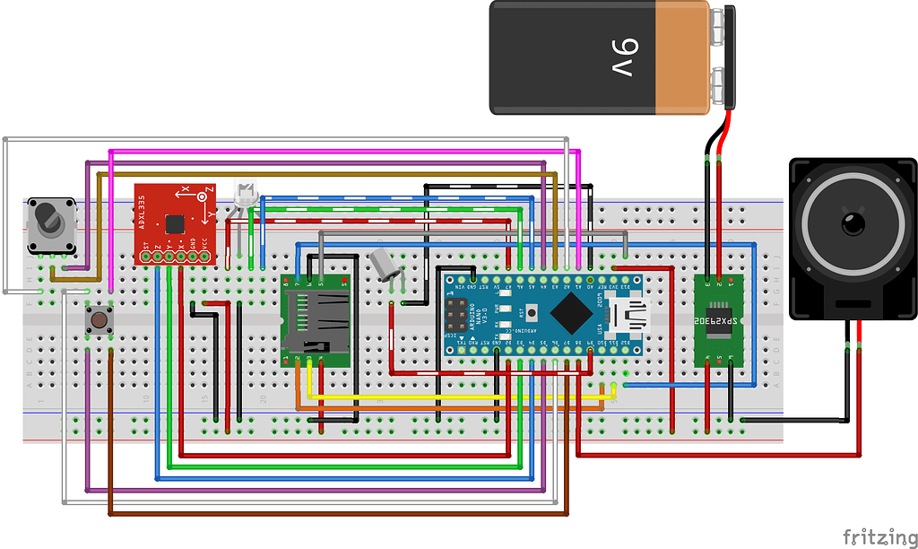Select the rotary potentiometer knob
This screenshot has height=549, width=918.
(x=47, y=219)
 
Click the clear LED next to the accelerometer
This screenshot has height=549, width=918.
(x=245, y=192)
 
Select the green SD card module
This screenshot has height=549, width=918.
(x=315, y=319)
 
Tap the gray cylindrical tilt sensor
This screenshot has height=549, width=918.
(x=384, y=265)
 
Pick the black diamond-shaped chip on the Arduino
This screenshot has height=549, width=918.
(x=571, y=314)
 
